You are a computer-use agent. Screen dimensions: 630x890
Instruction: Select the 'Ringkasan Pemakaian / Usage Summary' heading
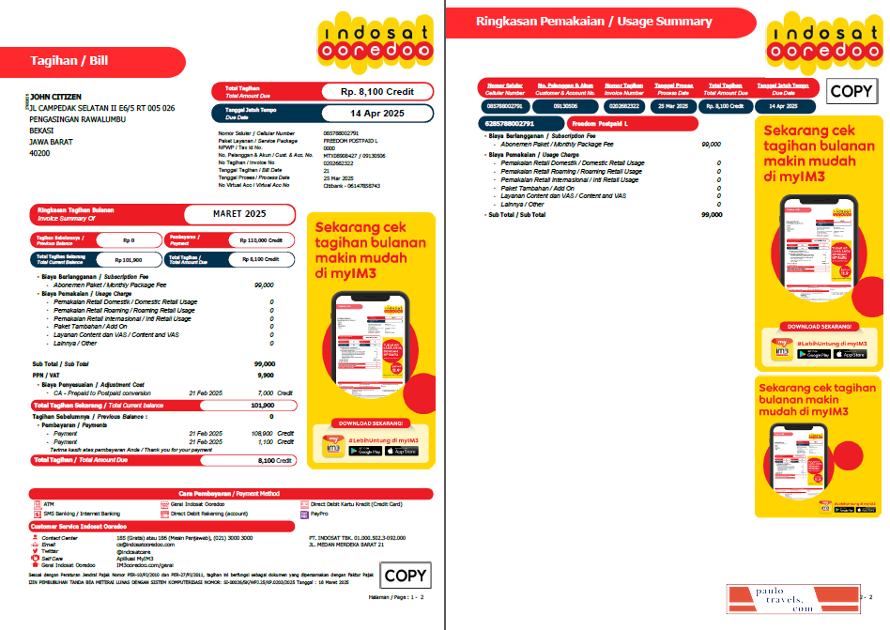pyautogui.click(x=593, y=22)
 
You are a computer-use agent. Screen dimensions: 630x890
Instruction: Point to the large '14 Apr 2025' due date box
pyautogui.click(x=375, y=113)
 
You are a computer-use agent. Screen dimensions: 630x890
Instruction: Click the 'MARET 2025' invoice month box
pyautogui.click(x=239, y=214)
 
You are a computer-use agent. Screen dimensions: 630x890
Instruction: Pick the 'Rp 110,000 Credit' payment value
pyautogui.click(x=259, y=240)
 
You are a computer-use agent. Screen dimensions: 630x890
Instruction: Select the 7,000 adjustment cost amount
pyautogui.click(x=265, y=392)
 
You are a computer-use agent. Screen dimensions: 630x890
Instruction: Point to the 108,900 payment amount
pyautogui.click(x=264, y=433)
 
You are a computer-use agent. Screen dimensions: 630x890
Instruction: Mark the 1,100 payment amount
pyautogui.click(x=266, y=441)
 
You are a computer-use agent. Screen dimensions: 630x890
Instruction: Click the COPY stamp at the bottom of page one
pyautogui.click(x=405, y=576)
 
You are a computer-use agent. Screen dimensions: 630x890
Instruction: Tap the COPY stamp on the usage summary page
pyautogui.click(x=852, y=91)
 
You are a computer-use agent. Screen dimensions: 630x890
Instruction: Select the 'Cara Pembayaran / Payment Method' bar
pyautogui.click(x=230, y=493)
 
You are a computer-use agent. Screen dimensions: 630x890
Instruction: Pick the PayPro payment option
pyautogui.click(x=319, y=515)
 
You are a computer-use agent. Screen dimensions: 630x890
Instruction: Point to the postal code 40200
pyautogui.click(x=40, y=152)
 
